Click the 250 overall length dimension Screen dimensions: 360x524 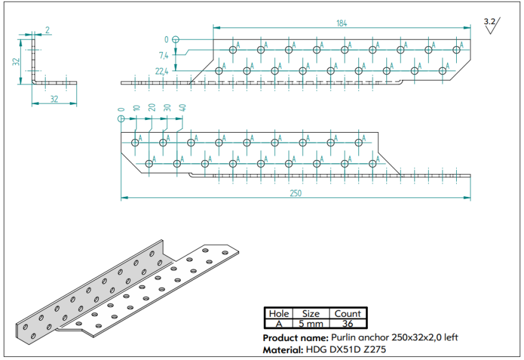(x=296, y=193)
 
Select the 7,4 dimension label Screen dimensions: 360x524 (x=164, y=55)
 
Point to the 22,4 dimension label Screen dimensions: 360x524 (x=161, y=71)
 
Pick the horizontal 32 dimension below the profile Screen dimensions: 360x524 (x=53, y=99)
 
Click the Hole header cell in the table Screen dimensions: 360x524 (x=278, y=313)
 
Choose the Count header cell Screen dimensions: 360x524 (x=347, y=313)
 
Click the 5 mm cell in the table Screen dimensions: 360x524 (x=310, y=323)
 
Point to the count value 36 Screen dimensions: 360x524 (x=347, y=323)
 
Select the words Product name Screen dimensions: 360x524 (x=295, y=337)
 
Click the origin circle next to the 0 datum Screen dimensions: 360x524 (x=176, y=39)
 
